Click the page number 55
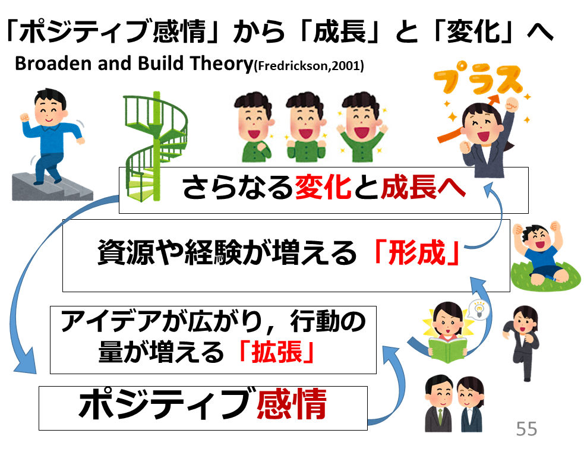pos(526,428)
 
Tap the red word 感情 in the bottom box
pos(291,407)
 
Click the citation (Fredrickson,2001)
pos(308,67)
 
